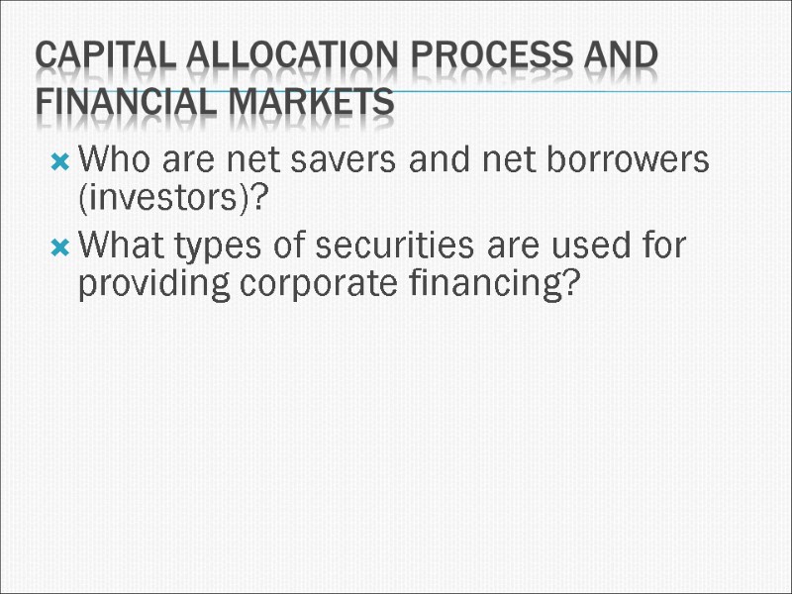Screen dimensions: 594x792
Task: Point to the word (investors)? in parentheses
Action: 174,200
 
